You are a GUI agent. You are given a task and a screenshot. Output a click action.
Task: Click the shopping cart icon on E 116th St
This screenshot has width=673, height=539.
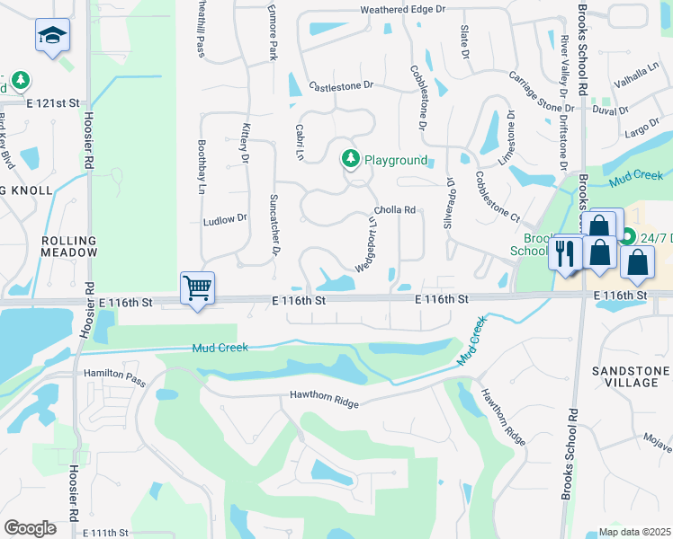[197, 288]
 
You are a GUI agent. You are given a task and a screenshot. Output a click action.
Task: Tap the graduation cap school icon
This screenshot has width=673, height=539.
[52, 36]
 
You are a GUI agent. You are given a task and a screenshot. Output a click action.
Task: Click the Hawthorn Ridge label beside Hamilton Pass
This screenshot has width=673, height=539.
[324, 399]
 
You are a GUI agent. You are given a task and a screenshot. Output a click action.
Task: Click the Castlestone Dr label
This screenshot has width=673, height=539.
[340, 86]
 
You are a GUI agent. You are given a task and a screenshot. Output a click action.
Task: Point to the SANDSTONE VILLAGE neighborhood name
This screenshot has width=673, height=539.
[630, 376]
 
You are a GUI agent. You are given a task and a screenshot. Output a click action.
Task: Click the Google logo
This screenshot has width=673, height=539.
[29, 528]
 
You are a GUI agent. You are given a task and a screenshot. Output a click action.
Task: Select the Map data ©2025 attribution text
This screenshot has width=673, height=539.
[635, 532]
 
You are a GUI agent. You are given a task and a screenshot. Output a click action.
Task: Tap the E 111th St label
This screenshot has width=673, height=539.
[107, 533]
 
